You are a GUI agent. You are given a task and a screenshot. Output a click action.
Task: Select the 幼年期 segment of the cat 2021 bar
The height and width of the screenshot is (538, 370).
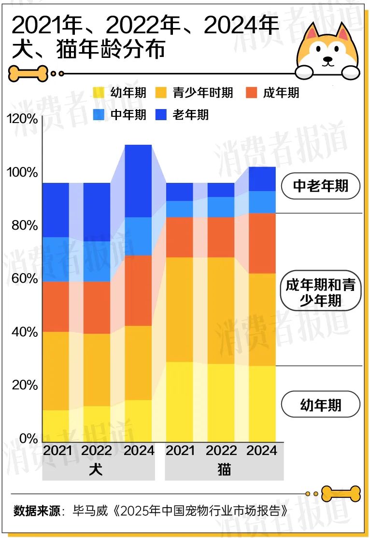click(x=179, y=401)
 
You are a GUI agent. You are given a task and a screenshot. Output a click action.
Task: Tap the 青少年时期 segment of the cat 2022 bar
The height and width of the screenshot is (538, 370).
click(x=221, y=310)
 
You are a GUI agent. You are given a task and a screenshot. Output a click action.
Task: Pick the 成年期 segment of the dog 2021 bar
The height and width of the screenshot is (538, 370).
click(x=56, y=306)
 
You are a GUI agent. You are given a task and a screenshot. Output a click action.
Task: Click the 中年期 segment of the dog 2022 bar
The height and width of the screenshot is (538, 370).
click(x=97, y=261)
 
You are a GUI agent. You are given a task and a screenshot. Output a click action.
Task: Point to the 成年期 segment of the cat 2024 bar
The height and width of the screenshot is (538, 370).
click(x=262, y=243)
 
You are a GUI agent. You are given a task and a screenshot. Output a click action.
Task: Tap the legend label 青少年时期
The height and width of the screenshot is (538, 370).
click(x=203, y=92)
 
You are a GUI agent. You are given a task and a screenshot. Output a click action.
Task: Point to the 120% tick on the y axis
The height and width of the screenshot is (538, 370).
click(x=22, y=119)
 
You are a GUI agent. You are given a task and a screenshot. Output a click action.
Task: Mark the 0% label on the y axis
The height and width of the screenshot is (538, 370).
click(x=27, y=439)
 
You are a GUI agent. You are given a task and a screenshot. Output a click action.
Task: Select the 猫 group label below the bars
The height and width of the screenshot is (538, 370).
click(x=224, y=469)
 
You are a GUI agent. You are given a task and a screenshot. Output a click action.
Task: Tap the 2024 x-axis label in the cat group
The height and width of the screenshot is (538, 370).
click(x=262, y=451)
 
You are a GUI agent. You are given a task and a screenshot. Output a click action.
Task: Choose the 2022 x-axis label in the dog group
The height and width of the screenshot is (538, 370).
click(x=97, y=451)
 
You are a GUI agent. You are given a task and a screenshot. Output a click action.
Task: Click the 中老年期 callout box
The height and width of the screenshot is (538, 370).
click(x=321, y=186)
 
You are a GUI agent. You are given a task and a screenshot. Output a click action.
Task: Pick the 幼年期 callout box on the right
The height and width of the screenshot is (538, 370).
click(x=321, y=404)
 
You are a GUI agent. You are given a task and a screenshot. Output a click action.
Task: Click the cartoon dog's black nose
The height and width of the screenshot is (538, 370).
click(x=328, y=60)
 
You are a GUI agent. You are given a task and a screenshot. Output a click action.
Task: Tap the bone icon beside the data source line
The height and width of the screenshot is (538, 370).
click(x=341, y=494)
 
